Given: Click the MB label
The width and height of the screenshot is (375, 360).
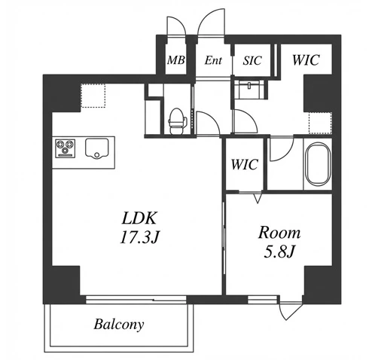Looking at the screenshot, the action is [x=176, y=60].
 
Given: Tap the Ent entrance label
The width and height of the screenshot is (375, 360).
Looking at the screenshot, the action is [x=213, y=60].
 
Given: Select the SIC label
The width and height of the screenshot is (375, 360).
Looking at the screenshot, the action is [x=252, y=60].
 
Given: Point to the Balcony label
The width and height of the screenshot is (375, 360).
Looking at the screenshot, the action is [x=119, y=324].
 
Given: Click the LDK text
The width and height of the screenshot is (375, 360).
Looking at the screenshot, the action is [x=139, y=218].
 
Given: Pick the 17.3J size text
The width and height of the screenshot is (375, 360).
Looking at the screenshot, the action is [x=139, y=237].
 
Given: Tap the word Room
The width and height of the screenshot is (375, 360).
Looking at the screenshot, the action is [x=279, y=233].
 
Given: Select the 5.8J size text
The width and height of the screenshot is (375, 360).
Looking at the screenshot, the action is [x=279, y=252].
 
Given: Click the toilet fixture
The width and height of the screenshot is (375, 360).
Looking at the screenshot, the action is [x=177, y=121].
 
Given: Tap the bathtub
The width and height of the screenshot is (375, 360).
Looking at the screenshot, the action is [x=318, y=164].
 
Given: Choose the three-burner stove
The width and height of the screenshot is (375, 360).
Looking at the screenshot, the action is [x=66, y=148].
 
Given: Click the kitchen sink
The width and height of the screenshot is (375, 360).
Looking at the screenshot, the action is [x=96, y=148].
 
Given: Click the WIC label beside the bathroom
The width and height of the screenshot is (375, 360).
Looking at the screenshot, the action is [x=244, y=164].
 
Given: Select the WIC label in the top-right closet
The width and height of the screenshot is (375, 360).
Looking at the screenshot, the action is [x=306, y=60].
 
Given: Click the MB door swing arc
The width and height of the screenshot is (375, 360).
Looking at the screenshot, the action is [x=179, y=22].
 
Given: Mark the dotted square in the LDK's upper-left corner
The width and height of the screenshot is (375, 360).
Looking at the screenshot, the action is [x=93, y=96].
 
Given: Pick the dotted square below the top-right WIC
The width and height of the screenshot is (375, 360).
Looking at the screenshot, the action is [x=320, y=123].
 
